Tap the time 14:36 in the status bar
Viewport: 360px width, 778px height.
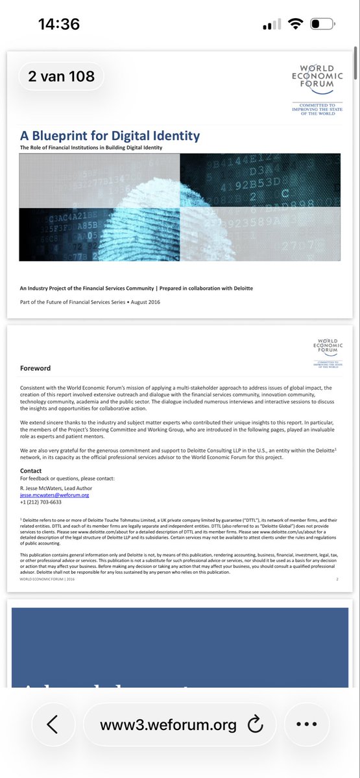click(59, 25)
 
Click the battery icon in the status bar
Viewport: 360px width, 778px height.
click(324, 25)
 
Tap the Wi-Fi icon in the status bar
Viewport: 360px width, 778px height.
click(296, 24)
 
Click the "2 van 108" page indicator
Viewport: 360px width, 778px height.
click(61, 76)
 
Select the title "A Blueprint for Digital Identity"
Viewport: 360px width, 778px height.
click(110, 136)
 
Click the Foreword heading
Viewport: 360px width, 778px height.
click(35, 368)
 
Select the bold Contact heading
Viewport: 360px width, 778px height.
click(31, 471)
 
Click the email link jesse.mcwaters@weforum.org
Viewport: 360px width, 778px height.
click(54, 495)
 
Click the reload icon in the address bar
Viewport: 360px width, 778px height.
click(255, 725)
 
